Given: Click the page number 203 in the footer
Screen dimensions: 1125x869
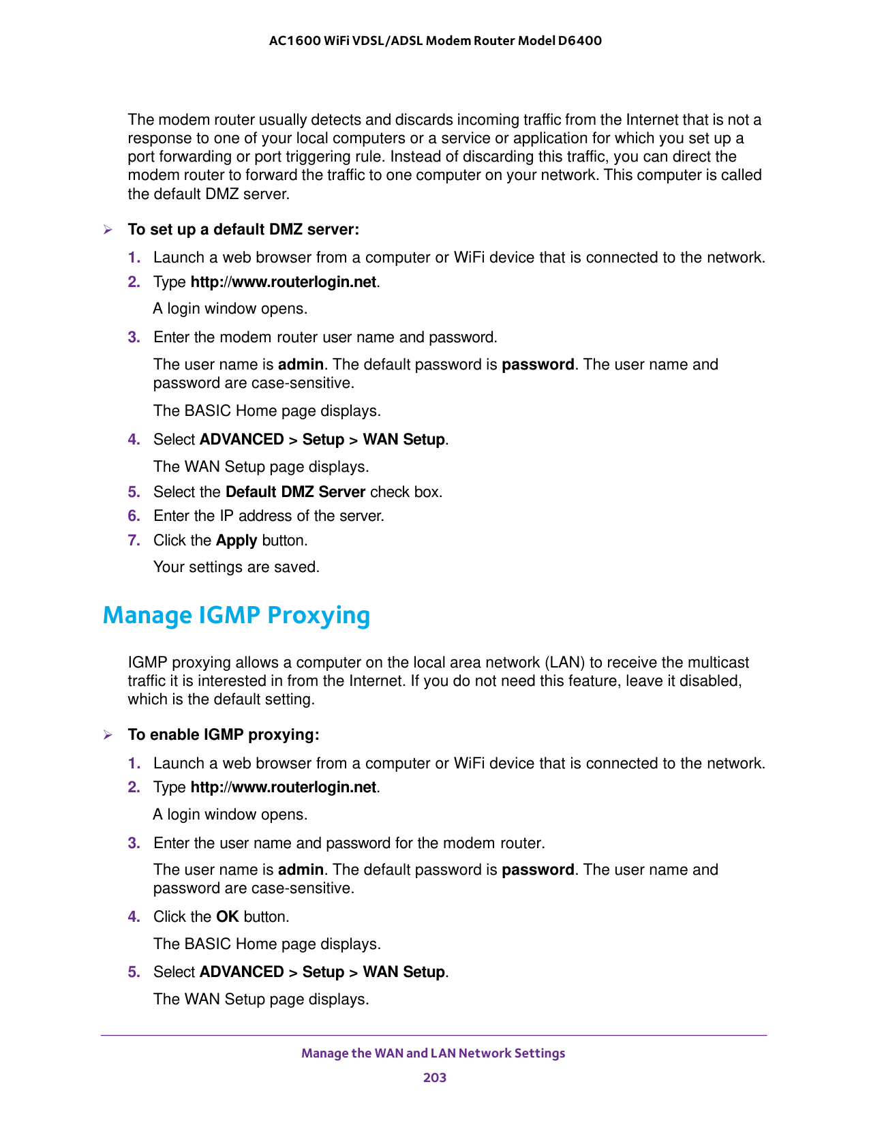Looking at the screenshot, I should click(434, 1077).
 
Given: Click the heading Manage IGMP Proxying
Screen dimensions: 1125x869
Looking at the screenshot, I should click(236, 615).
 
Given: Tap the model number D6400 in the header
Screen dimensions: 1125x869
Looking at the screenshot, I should click(579, 40).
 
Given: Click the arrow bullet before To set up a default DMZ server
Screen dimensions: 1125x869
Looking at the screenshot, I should click(107, 230).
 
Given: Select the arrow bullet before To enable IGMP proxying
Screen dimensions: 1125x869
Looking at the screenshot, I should click(107, 735).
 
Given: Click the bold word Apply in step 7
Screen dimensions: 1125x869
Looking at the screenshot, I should click(236, 541).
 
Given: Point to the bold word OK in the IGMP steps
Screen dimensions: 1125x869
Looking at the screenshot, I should click(227, 917).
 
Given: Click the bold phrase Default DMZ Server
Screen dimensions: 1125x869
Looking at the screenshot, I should click(295, 492).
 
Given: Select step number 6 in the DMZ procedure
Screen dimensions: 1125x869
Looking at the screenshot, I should click(134, 516).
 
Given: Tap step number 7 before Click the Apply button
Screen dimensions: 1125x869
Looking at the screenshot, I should click(134, 541).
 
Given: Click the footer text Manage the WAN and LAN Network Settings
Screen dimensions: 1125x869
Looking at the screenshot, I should click(433, 1053).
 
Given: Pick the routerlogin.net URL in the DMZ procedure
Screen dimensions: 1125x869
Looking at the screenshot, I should click(283, 282).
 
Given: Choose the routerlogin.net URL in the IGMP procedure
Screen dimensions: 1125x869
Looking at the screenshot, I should click(283, 787).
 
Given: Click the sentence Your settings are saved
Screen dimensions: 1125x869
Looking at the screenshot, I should click(237, 567).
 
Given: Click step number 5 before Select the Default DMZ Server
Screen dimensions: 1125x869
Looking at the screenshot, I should click(134, 492).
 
